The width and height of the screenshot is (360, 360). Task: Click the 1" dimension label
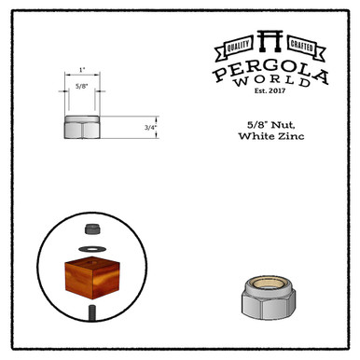(82, 70)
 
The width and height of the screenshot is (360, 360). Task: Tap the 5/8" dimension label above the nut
(82, 86)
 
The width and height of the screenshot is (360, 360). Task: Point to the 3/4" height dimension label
(150, 127)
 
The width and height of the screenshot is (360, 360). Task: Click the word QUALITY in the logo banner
(238, 47)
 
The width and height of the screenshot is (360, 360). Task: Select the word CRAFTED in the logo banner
(301, 46)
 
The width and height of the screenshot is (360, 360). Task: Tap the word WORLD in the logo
(272, 81)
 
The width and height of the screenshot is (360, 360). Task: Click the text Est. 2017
(270, 90)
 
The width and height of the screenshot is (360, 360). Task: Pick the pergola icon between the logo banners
(270, 41)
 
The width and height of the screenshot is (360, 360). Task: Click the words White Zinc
(271, 136)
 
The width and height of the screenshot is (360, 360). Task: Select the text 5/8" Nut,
(271, 125)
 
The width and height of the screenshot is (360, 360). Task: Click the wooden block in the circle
(92, 278)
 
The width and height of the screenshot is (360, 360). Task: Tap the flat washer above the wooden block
(92, 249)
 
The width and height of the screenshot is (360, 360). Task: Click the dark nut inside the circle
(92, 229)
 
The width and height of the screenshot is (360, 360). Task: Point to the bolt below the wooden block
(92, 312)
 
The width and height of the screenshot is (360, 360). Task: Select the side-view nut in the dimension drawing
(82, 127)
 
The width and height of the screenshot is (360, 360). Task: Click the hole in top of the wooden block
(92, 261)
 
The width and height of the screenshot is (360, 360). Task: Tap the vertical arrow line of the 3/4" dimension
(157, 127)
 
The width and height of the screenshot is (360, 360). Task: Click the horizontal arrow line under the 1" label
(82, 75)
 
